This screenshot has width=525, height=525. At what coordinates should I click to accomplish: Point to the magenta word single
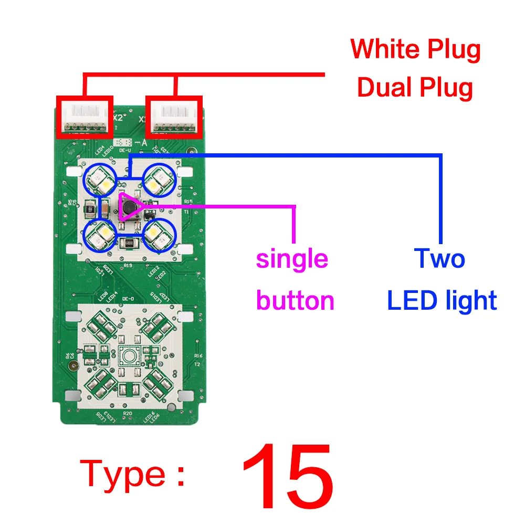tap(292, 259)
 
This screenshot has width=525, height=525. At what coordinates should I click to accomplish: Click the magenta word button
tap(295, 301)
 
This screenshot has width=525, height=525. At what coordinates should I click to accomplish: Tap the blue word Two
tap(439, 258)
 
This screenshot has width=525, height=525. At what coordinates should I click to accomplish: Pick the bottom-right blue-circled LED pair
tap(158, 235)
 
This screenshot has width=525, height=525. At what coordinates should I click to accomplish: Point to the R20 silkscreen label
tap(127, 413)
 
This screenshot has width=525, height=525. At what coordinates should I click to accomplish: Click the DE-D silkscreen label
tap(128, 299)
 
